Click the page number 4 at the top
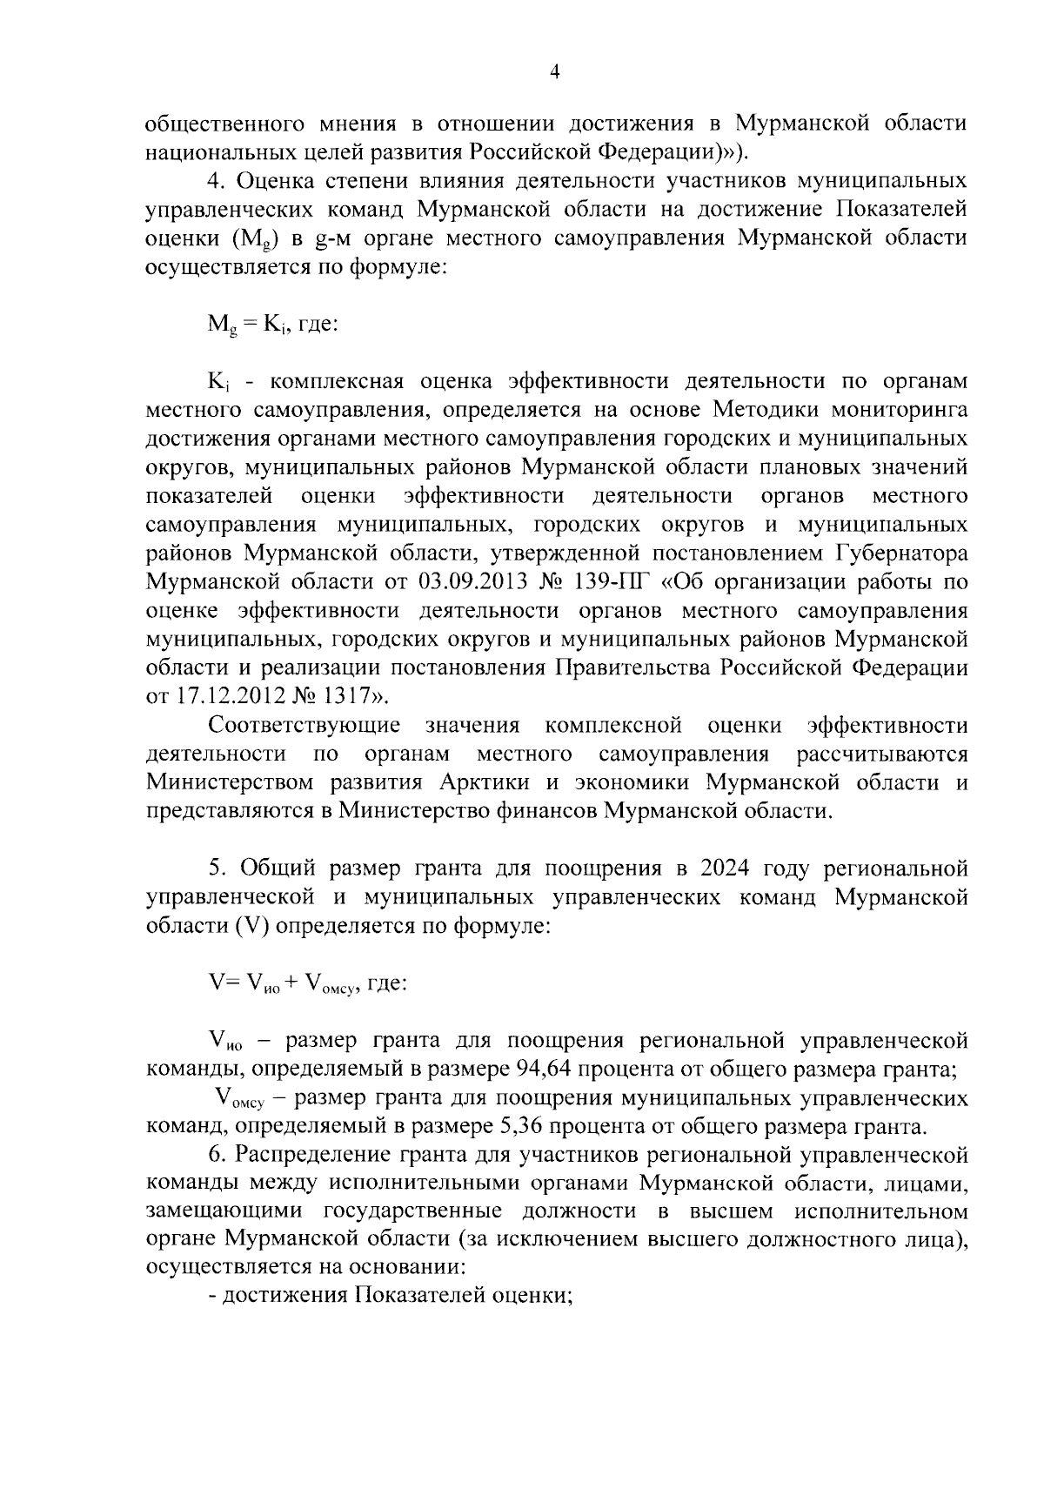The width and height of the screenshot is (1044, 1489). [555, 73]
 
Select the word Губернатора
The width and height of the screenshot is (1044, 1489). [901, 553]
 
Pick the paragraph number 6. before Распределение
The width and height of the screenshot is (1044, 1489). [217, 1156]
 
